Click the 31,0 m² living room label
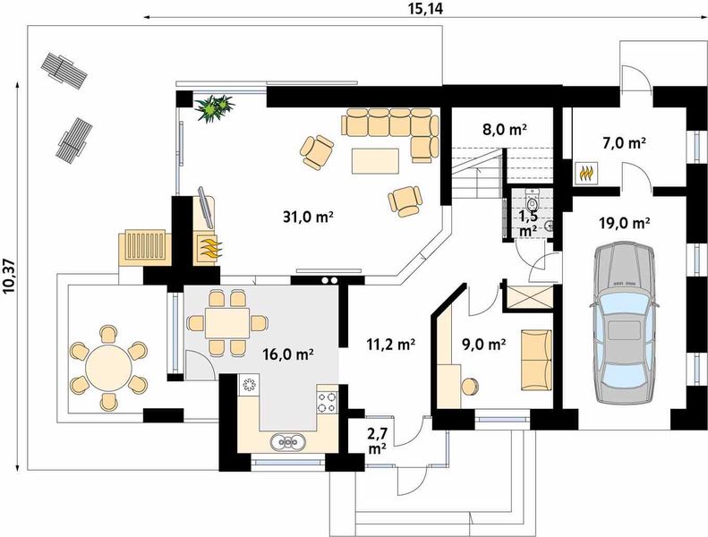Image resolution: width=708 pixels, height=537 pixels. pyautogui.click(x=309, y=217)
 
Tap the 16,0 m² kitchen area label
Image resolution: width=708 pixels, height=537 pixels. pyautogui.click(x=288, y=354)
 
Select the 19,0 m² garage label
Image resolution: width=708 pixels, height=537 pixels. pyautogui.click(x=625, y=222)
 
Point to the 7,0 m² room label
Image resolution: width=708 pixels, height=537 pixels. pyautogui.click(x=623, y=143)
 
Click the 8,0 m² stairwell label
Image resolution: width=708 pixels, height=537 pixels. pyautogui.click(x=505, y=130)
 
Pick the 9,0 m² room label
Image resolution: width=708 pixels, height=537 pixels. pyautogui.click(x=483, y=345)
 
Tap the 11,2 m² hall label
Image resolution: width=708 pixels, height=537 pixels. pyautogui.click(x=390, y=345)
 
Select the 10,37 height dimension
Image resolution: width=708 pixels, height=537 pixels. pyautogui.click(x=10, y=277)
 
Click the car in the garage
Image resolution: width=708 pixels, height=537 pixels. pyautogui.click(x=624, y=322)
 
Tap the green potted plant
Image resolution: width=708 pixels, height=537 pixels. pyautogui.click(x=214, y=107)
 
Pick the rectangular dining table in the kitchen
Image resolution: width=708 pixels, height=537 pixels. pyautogui.click(x=226, y=322)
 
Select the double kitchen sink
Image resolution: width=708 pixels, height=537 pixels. pyautogui.click(x=287, y=442)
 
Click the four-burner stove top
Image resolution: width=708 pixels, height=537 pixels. pyautogui.click(x=327, y=402)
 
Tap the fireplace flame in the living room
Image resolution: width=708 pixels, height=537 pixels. pyautogui.click(x=210, y=248)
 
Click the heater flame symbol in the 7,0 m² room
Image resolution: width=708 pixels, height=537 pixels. pyautogui.click(x=586, y=174)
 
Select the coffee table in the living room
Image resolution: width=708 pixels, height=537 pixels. pyautogui.click(x=375, y=161)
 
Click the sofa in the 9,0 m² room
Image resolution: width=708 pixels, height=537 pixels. pyautogui.click(x=537, y=360)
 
